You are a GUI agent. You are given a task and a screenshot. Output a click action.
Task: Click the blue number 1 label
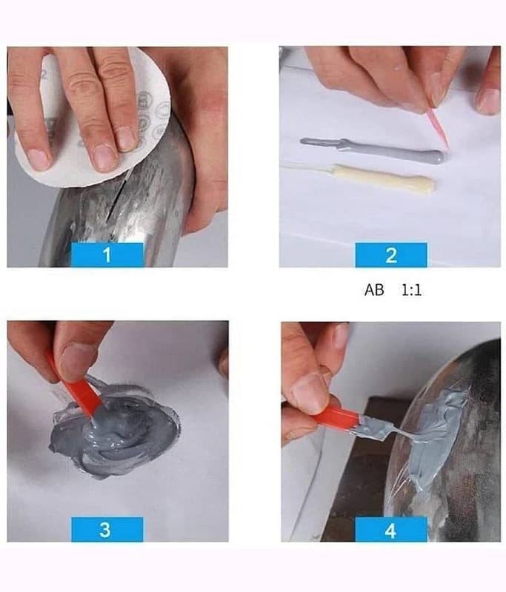pos(107,255)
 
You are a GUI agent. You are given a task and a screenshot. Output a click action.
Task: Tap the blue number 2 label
pos(391,255)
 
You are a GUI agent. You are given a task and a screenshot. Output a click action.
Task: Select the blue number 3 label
pos(107,529)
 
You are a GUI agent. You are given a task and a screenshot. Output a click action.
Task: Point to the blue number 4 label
pos(391,529)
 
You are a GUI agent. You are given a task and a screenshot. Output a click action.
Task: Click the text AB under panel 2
pos(374,290)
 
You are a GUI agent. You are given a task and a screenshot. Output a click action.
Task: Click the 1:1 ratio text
pos(411,290)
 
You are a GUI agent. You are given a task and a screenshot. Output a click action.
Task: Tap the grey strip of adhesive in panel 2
pos(372,151)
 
